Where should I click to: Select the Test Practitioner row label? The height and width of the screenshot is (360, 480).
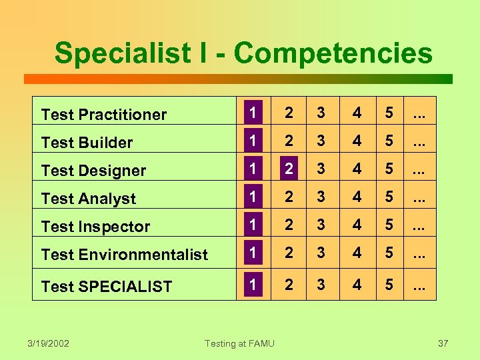[104, 115]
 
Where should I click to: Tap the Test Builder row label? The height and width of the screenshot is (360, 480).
[87, 143]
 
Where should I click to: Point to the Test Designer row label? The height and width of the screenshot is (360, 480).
[93, 171]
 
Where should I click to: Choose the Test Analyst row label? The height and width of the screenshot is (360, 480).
[89, 199]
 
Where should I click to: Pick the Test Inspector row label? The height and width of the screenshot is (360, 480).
[96, 227]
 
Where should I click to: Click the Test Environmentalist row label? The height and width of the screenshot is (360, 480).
[125, 255]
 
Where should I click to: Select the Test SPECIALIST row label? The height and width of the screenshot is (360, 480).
[107, 287]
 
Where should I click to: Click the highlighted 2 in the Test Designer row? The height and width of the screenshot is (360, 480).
[288, 168]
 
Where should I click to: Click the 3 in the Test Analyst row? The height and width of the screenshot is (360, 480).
[321, 197]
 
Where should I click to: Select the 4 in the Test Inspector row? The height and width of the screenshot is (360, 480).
[357, 225]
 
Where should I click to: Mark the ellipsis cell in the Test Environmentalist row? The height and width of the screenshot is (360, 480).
[419, 253]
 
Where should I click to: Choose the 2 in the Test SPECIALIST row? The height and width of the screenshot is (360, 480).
[288, 285]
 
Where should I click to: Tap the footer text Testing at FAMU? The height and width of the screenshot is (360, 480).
[239, 343]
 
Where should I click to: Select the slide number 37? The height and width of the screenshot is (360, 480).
[443, 343]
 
